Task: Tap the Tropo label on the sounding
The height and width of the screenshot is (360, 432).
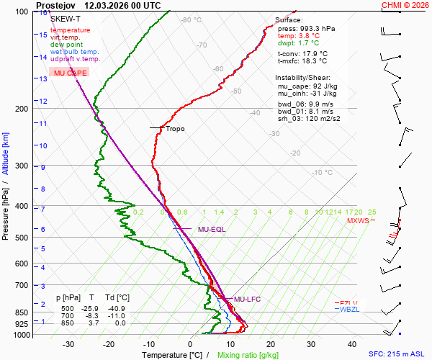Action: coord(175,129)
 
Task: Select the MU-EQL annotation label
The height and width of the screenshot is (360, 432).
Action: coord(212,229)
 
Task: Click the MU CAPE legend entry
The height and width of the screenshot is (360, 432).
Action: coord(71,73)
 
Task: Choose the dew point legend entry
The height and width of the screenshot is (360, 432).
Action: coord(67,45)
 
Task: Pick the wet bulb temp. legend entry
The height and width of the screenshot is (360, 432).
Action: coord(75,52)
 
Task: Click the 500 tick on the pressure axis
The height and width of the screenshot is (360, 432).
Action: coord(21,238)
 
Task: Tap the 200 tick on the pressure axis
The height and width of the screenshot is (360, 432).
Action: coord(21,109)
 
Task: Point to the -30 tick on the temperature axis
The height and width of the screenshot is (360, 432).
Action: coord(69,344)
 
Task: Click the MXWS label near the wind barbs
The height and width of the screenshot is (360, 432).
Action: coord(358,221)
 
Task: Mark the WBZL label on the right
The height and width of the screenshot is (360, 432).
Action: coord(348,310)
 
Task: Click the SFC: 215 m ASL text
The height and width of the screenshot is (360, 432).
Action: coord(397,354)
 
